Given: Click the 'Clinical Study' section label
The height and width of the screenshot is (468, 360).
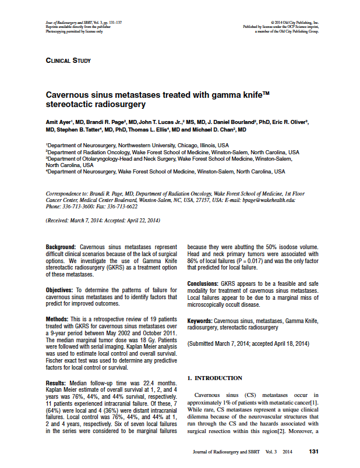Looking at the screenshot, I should [x=68, y=60].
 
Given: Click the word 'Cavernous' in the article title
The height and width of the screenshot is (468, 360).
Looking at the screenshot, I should [x=69, y=94].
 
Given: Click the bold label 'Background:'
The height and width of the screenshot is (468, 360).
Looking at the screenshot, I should [x=61, y=247].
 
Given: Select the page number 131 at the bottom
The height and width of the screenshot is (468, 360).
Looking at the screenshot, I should [x=313, y=452].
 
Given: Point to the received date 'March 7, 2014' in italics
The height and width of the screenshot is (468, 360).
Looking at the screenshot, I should [x=89, y=221].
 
